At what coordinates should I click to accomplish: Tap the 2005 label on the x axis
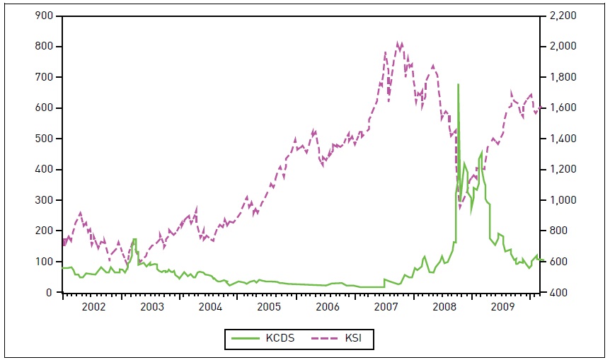(268, 307)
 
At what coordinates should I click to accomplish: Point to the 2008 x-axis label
(444, 307)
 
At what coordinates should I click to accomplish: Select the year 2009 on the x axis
(502, 307)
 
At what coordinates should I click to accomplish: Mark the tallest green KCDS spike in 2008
(458, 84)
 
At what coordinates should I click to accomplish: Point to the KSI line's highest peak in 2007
(398, 42)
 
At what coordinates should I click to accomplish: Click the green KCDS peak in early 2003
(134, 239)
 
